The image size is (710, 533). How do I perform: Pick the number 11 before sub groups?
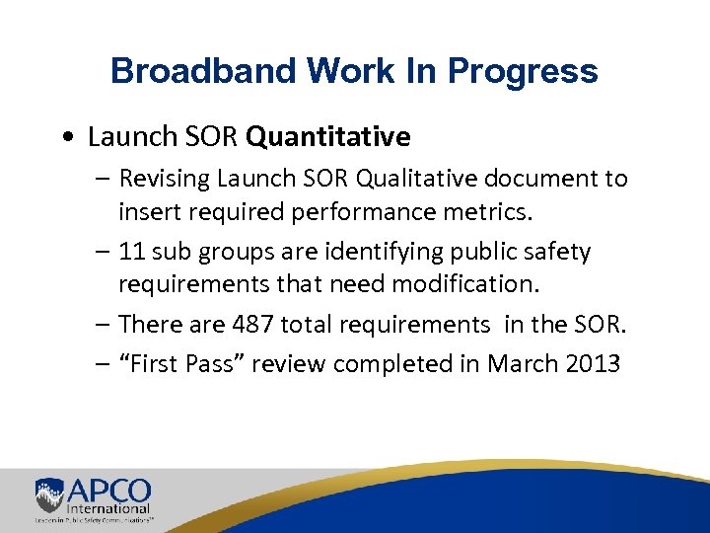click(130, 252)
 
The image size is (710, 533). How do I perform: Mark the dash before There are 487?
click(104, 324)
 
